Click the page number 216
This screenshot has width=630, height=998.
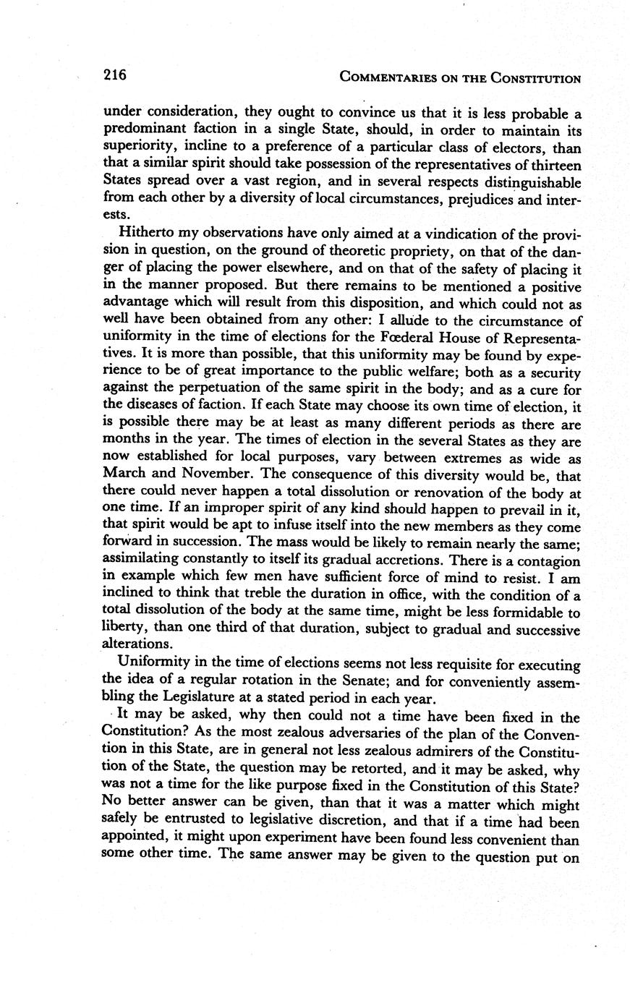click(x=114, y=74)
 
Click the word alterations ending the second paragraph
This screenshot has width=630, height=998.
click(x=137, y=644)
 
